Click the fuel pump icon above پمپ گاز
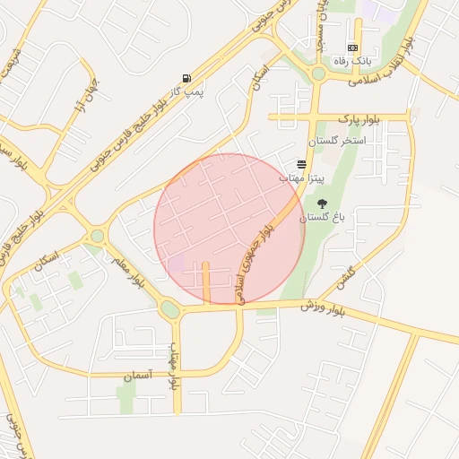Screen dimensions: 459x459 186,79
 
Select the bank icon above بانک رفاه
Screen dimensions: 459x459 352,48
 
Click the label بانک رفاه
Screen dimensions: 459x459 352,61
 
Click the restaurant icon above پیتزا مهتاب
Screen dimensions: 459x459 300,165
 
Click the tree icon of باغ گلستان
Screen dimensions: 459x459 322,204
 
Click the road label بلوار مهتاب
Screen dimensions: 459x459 176,368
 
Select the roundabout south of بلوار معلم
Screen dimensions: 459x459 169,309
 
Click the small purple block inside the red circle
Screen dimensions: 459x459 177,264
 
